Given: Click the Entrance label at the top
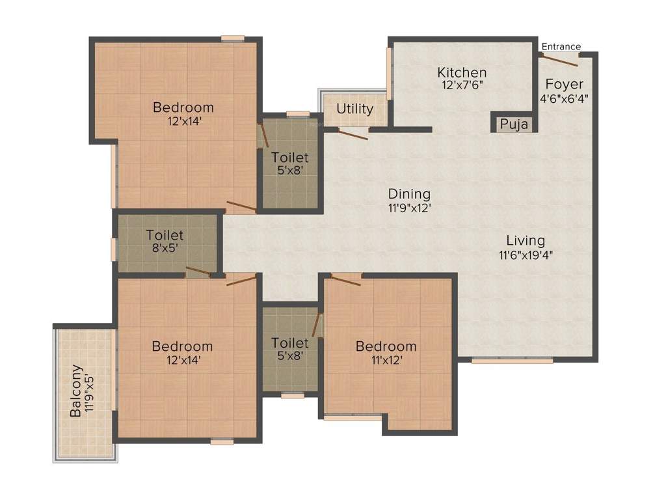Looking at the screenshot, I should [561, 46].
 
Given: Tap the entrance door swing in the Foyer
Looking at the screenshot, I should [560, 61].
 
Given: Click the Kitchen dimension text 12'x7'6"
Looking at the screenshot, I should [461, 85].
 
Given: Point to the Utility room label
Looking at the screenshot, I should [354, 109].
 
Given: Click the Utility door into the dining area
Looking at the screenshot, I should [352, 135].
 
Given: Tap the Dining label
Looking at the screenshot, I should [409, 193].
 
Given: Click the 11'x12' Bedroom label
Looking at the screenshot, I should [386, 346].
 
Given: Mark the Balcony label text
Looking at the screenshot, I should [77, 390].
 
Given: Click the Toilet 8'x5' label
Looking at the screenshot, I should [165, 235].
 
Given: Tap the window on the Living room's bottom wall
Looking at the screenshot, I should [513, 360].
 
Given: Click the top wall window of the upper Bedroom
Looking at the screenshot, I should [232, 38].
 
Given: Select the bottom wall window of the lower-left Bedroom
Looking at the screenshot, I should [222, 441].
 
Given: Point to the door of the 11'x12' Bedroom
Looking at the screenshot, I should [345, 279].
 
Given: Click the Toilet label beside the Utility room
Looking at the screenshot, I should [290, 158].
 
